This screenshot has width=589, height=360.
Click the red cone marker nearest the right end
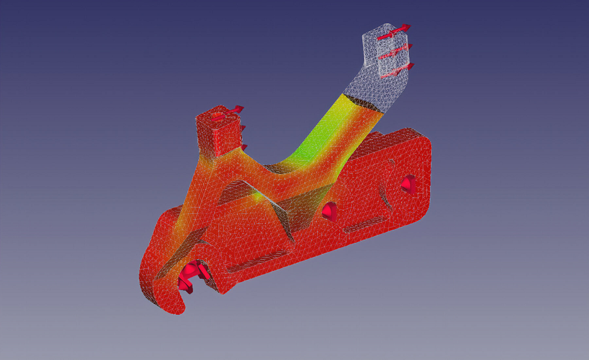coord(408,184)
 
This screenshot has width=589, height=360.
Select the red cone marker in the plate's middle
coord(330,210)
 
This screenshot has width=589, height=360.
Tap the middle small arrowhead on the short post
coord(243,128)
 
